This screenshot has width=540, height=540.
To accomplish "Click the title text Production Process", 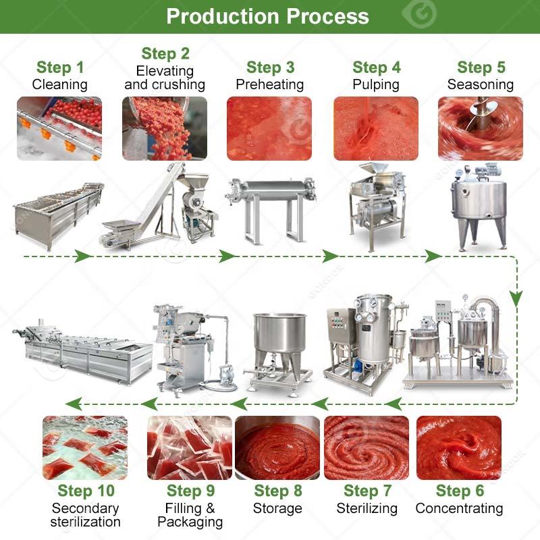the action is click(x=267, y=16).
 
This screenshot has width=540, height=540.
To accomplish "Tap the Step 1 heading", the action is click(x=60, y=67).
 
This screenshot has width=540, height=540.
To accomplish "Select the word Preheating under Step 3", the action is click(x=269, y=84).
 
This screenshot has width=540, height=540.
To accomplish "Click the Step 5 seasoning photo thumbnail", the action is click(x=481, y=128).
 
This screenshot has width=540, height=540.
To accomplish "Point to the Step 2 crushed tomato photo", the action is click(x=165, y=128).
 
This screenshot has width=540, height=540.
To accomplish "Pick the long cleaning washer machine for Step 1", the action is click(x=59, y=215).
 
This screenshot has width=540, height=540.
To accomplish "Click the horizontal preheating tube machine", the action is click(x=271, y=209).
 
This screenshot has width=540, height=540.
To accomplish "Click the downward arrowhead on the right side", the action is click(x=516, y=298).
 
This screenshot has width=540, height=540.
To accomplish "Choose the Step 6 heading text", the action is click(x=460, y=491).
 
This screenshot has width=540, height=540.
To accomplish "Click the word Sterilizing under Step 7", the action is click(x=367, y=508).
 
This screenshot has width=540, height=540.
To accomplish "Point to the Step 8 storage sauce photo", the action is click(x=277, y=448).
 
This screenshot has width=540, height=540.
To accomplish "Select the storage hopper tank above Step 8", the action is click(x=279, y=354).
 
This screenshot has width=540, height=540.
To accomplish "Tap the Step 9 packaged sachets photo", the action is click(x=190, y=448).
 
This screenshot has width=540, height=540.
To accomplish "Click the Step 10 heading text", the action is click(x=86, y=491).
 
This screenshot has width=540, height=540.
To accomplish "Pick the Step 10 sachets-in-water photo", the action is click(x=85, y=448).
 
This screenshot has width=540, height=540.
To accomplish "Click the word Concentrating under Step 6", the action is click(x=459, y=508).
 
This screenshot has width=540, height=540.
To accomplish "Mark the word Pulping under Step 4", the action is click(x=376, y=85).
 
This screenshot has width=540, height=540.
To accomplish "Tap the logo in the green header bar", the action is click(x=419, y=13).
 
